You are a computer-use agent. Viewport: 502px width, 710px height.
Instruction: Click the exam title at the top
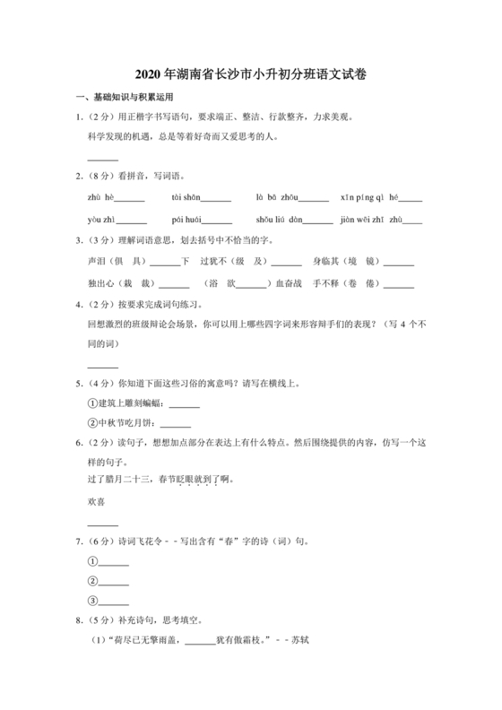pos(250,75)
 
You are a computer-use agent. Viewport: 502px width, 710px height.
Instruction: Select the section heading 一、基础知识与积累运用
pos(123,97)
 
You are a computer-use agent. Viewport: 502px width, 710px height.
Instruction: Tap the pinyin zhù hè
pos(100,197)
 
